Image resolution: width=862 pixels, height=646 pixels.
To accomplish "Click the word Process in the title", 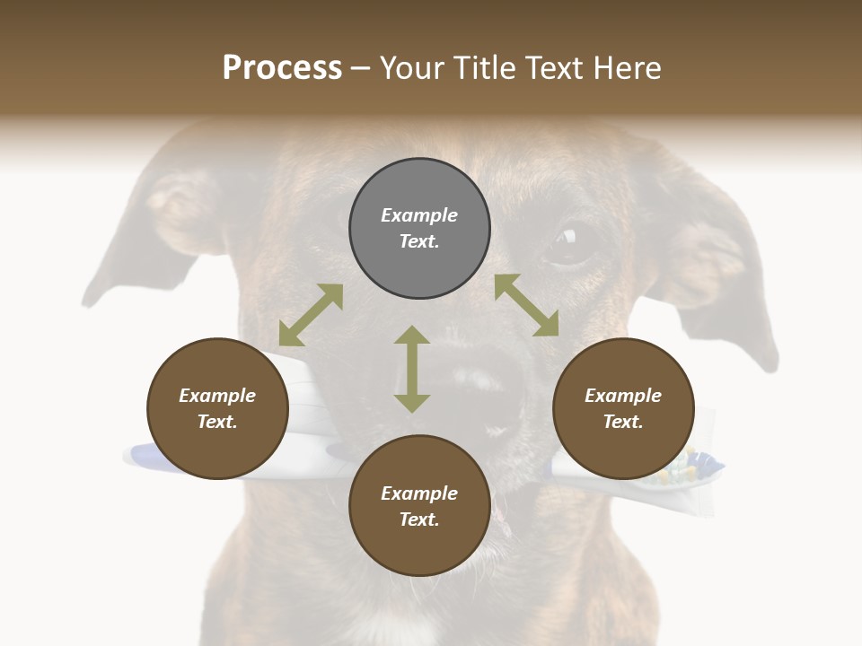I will [282, 68].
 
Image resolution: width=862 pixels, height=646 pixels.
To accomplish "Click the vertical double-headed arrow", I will [412, 369].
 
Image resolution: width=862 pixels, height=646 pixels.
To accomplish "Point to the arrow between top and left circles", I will [311, 315].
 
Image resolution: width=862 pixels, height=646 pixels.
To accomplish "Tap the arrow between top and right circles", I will [527, 305].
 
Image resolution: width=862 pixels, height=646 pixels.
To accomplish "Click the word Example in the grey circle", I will [419, 215].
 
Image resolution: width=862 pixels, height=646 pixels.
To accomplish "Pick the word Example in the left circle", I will [217, 396].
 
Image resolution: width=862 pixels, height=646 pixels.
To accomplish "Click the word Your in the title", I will [409, 68].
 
